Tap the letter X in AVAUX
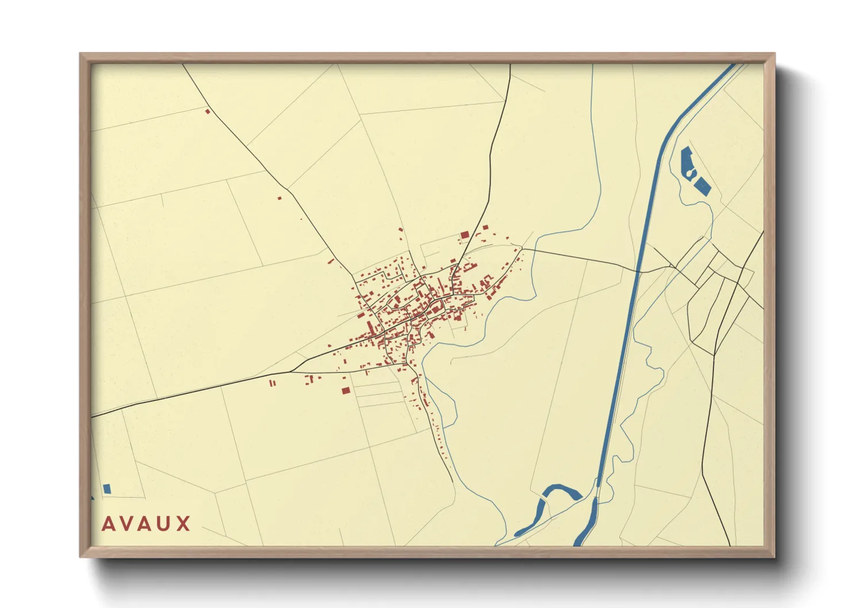click(184, 524)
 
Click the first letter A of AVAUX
click(109, 524)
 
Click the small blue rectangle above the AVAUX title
click(106, 488)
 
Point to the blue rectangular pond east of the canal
click(703, 186)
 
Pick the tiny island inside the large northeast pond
click(690, 172)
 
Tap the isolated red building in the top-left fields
click(208, 111)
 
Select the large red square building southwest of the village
click(345, 390)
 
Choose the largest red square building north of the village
click(465, 234)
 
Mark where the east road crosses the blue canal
click(638, 270)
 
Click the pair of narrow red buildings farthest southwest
click(273, 382)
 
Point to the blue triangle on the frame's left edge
click(92, 498)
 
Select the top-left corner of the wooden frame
click(81, 54)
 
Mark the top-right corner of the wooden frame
click(774, 54)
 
